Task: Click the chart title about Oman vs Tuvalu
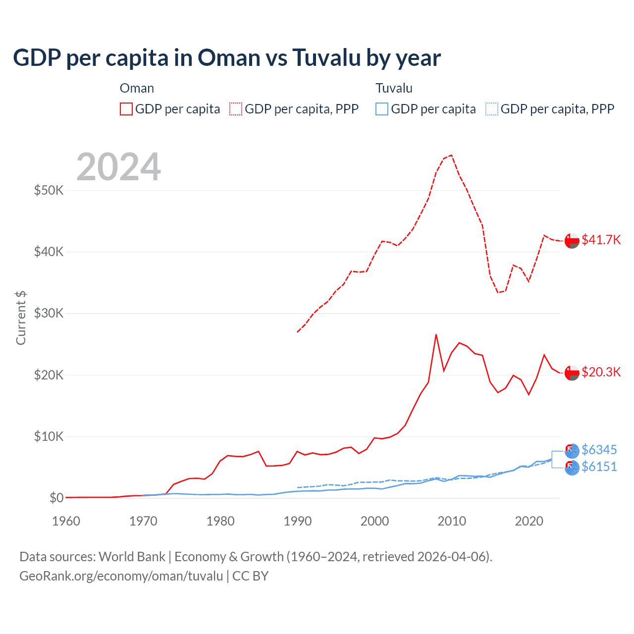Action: coord(226,58)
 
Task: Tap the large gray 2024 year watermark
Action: coord(119,167)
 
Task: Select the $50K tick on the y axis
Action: coord(49,190)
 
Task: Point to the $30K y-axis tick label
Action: coord(49,313)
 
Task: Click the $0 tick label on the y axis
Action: coord(56,498)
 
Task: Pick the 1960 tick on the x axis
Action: coord(66,521)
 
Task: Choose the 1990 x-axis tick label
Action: coord(298,521)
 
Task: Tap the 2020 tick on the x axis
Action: coord(529,521)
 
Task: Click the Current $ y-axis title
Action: coord(21,317)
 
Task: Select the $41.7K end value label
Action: coord(601,240)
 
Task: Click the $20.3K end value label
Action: coord(601,372)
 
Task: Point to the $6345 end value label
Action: coord(599,450)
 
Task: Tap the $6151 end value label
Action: coord(599,467)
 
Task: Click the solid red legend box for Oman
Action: coord(126,109)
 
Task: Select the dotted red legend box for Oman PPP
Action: coord(236,109)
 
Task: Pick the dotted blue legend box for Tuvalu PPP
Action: coord(492,109)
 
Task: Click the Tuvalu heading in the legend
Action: coord(394,88)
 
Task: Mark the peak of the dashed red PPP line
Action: coord(451,155)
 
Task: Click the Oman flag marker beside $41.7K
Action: coord(572,240)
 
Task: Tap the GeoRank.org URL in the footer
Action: coord(121,576)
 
